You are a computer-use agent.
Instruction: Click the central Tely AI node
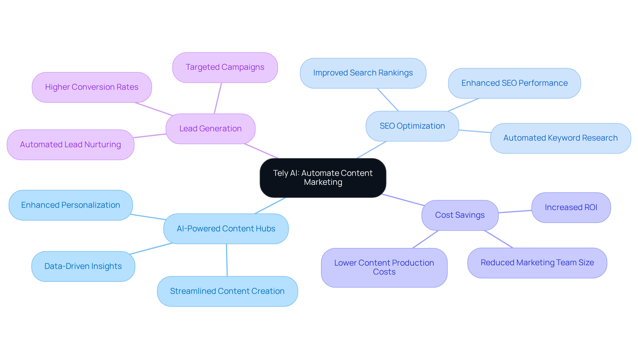(323, 178)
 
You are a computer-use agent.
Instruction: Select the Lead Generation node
(210, 129)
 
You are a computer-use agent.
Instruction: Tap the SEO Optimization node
(412, 126)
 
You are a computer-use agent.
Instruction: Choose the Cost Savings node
(460, 215)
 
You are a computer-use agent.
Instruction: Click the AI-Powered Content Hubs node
(226, 229)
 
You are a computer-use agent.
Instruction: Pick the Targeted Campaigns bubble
(225, 67)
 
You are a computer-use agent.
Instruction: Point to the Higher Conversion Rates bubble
(92, 87)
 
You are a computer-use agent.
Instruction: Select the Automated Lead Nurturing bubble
(70, 145)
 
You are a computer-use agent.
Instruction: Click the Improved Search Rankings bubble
(363, 73)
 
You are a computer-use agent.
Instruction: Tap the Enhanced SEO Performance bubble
(514, 83)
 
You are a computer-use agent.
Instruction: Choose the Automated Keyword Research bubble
(560, 138)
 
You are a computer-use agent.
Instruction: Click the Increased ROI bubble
(571, 207)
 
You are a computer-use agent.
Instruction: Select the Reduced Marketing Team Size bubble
(537, 263)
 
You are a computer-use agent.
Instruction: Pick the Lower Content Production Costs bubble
(384, 267)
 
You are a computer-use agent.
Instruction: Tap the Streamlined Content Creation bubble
(227, 291)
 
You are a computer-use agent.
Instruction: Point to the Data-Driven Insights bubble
(83, 266)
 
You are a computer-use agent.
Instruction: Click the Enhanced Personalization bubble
(70, 205)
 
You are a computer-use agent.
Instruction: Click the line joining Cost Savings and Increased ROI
(515, 211)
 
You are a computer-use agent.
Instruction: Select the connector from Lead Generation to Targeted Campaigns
(218, 98)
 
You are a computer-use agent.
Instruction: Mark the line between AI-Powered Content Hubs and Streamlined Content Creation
(227, 260)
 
